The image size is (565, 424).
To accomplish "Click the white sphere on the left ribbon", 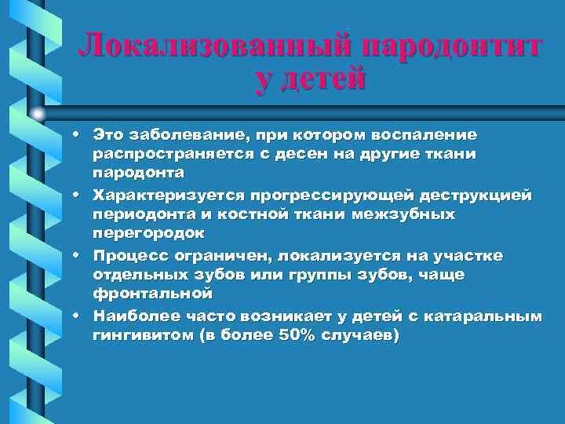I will pos(38,114).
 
